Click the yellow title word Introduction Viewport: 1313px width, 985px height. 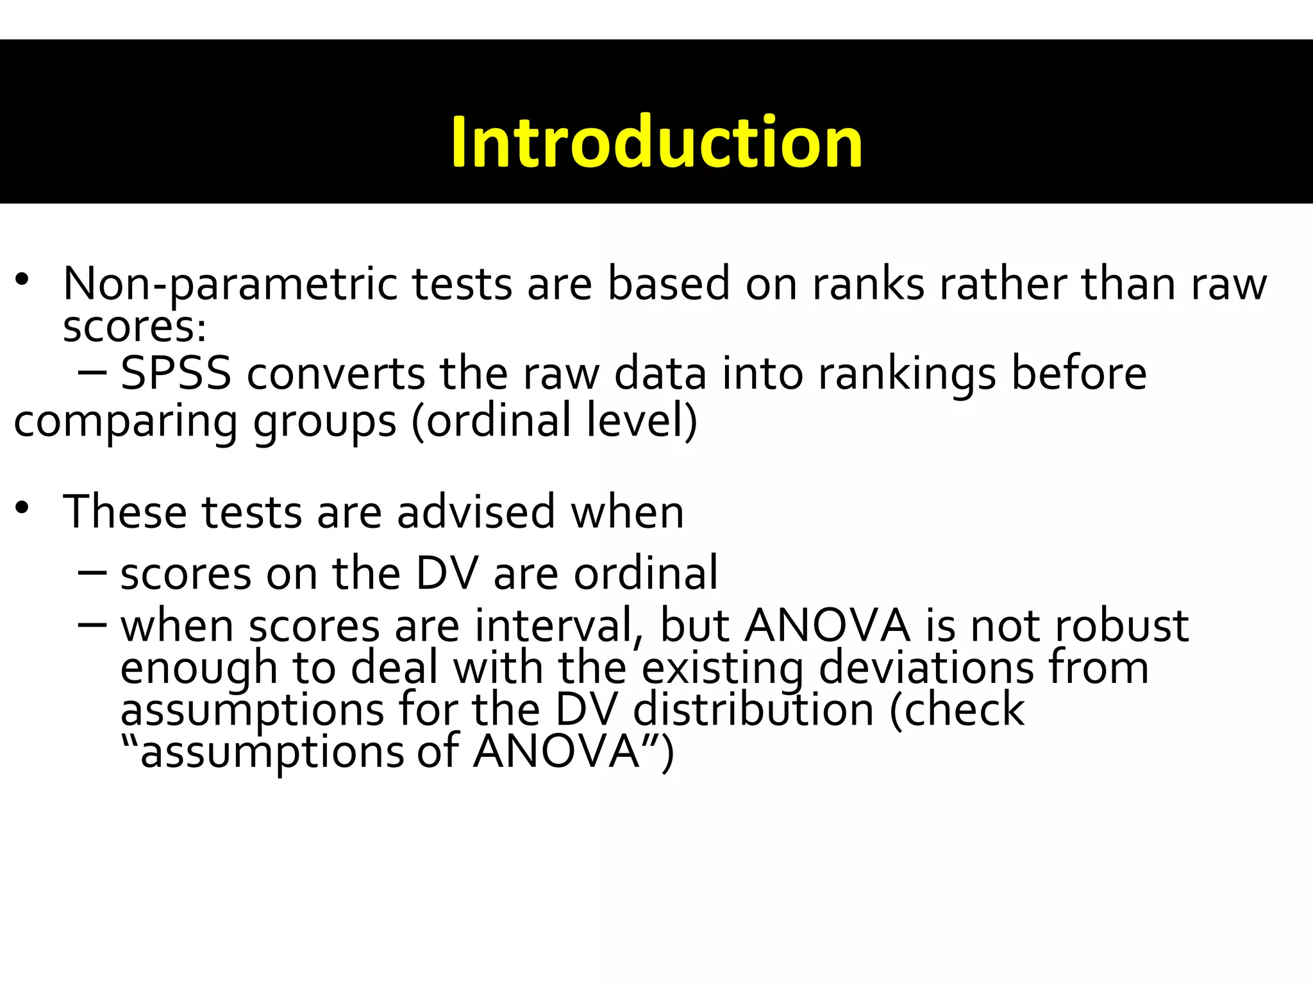[656, 142]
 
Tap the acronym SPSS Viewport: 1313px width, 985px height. [176, 374]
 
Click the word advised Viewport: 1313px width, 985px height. [476, 512]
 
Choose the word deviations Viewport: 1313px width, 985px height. [926, 668]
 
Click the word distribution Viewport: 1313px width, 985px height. [753, 710]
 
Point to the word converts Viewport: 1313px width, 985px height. [336, 374]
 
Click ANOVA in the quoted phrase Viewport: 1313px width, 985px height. [556, 752]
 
